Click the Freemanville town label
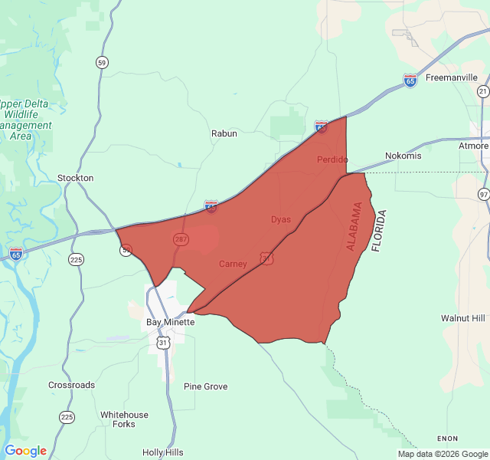[451, 77]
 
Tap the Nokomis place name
[403, 156]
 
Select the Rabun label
[224, 133]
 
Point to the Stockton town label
[76, 178]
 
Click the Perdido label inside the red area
[332, 159]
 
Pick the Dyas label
[281, 220]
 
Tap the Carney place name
[233, 264]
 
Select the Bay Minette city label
[171, 322]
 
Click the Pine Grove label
[206, 386]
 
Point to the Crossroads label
[72, 385]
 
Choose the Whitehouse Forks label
[124, 419]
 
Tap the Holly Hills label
[163, 452]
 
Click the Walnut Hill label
[463, 317]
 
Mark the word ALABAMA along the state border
[355, 227]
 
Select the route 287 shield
[181, 240]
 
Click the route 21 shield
[483, 91]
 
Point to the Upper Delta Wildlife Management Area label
[26, 120]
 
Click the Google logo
[25, 451]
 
